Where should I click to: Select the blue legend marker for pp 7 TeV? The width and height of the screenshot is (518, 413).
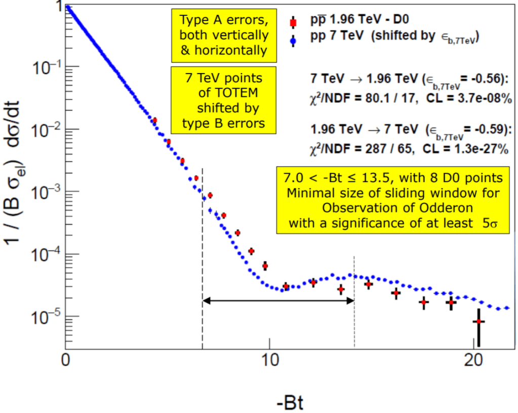pyautogui.click(x=292, y=37)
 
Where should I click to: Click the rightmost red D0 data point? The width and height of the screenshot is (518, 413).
pyautogui.click(x=479, y=322)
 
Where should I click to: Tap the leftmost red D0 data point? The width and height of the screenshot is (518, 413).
pyautogui.click(x=154, y=120)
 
